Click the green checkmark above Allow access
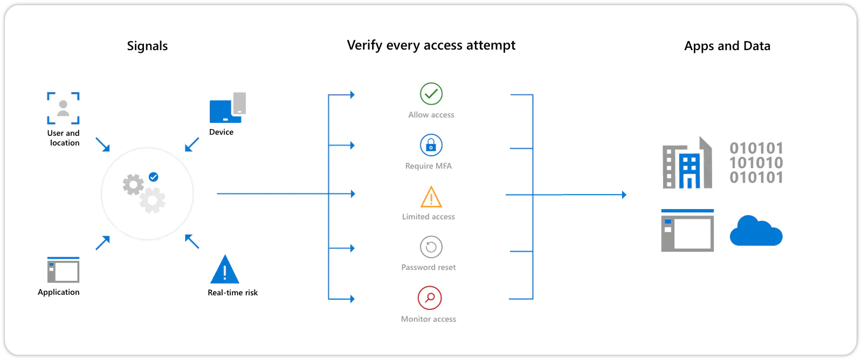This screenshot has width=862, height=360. tap(431, 94)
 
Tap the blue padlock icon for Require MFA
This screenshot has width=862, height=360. tap(431, 145)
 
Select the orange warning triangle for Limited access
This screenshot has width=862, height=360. tap(431, 197)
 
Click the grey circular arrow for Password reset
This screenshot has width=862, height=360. tap(431, 247)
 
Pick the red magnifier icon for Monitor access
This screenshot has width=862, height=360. tap(430, 297)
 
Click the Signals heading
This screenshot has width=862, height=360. tap(147, 46)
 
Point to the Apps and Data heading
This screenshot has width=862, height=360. tap(727, 46)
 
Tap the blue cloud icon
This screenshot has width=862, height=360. tap(756, 231)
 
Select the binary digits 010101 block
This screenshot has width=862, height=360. tap(756, 163)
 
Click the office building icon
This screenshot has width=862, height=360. tap(687, 163)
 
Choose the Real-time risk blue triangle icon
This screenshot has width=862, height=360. tap(225, 269)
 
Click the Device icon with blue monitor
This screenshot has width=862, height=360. tap(227, 108)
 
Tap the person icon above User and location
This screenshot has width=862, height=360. tap(63, 108)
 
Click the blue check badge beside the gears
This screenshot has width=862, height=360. tap(154, 177)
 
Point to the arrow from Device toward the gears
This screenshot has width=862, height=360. tap(191, 144)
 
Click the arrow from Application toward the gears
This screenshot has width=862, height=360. tap(103, 243)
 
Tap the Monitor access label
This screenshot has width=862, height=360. tap(429, 319)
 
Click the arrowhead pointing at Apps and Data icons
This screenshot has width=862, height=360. tap(624, 195)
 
